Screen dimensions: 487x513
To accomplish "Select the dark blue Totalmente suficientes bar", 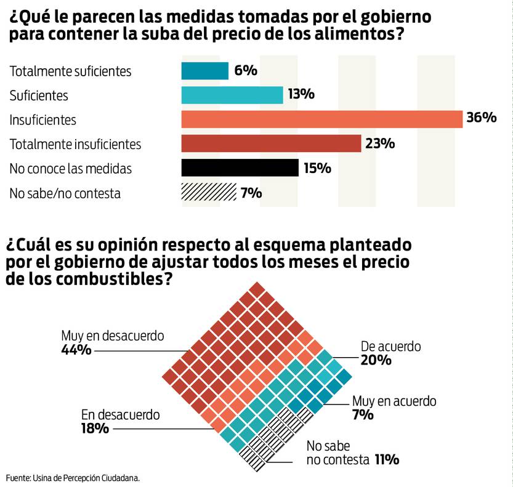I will click(x=204, y=71).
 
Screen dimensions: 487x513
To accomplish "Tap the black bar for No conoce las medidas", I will click(x=240, y=168).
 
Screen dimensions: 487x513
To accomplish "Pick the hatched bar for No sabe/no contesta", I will click(x=208, y=193).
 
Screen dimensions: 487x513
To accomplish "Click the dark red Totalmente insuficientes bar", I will click(x=271, y=143).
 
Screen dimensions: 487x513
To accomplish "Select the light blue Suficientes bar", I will click(x=232, y=95).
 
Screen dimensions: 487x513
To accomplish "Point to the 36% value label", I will click(x=481, y=118).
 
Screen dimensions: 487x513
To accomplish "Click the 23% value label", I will click(x=379, y=143).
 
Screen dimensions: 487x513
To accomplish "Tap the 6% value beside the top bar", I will click(x=245, y=70).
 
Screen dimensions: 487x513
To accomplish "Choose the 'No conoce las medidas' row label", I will click(x=70, y=169).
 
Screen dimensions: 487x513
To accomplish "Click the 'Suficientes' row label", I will click(x=39, y=95).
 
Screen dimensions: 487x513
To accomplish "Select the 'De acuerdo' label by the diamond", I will click(x=390, y=347).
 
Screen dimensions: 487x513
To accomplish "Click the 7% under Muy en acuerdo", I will click(x=363, y=415).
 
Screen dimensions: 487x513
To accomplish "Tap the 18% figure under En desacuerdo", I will click(x=95, y=428).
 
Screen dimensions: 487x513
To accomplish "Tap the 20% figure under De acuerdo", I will click(x=376, y=360).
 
